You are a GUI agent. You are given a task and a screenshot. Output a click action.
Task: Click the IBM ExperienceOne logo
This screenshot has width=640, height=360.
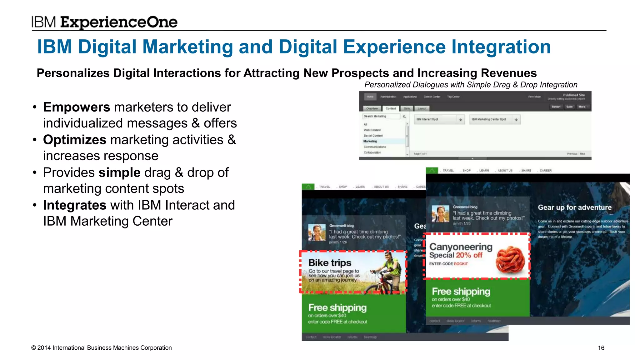click(104, 22)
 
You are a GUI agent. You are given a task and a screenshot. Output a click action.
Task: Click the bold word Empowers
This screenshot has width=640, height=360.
click(77, 107)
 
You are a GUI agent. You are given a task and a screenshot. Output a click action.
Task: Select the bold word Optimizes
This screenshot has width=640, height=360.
click(75, 140)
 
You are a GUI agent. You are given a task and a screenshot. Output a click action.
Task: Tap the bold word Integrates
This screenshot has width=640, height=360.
click(75, 205)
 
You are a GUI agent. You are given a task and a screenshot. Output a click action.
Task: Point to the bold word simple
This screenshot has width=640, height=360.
click(119, 172)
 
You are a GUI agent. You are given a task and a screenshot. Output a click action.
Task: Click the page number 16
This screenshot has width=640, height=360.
click(601, 348)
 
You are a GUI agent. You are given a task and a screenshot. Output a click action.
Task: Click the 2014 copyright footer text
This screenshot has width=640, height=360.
click(101, 348)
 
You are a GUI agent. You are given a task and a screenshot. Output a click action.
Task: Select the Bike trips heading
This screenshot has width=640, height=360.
click(329, 263)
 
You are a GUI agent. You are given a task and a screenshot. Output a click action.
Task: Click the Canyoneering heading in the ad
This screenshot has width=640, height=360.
click(461, 247)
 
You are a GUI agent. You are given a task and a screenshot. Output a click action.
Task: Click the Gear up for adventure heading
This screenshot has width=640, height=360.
click(574, 207)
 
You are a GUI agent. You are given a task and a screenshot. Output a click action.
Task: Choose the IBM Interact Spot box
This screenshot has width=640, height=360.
click(439, 119)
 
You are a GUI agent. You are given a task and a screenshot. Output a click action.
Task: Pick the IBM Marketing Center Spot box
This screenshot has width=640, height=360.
click(494, 119)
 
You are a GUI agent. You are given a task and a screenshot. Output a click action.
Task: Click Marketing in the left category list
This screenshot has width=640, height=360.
click(370, 141)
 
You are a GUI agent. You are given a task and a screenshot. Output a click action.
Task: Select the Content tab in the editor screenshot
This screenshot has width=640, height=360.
click(390, 108)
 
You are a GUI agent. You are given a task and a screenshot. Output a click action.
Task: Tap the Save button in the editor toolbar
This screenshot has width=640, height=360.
click(569, 107)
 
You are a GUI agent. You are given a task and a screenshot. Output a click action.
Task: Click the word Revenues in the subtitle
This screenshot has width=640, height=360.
click(508, 73)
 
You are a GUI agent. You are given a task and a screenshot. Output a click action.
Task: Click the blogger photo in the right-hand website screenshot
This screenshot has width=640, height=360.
click(440, 214)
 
